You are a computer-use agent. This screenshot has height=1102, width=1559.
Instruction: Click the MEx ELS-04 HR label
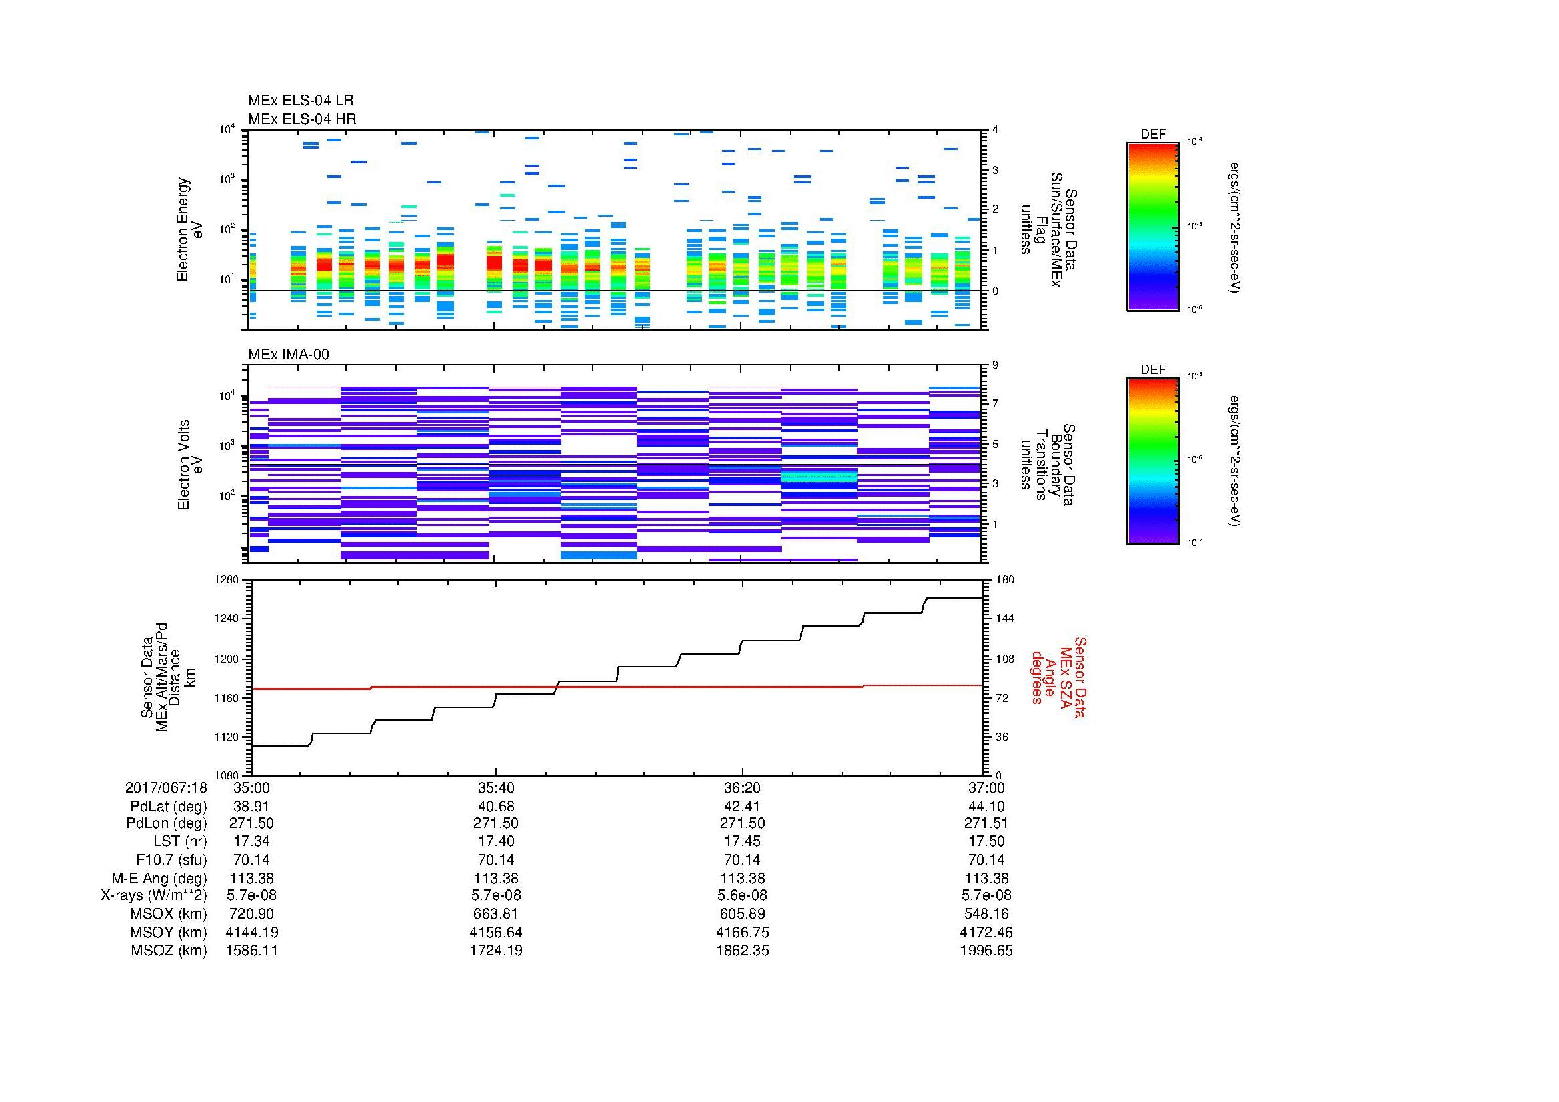point(302,119)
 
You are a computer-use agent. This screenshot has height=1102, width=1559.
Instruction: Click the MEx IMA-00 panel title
point(289,355)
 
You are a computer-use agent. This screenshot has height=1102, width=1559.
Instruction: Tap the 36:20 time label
point(742,787)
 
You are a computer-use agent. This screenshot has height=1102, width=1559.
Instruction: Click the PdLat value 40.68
point(496,806)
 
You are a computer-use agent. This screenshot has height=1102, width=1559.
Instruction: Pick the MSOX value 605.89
point(742,914)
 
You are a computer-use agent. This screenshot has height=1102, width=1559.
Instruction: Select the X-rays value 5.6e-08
point(742,895)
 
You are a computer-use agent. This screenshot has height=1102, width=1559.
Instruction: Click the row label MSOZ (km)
point(169,951)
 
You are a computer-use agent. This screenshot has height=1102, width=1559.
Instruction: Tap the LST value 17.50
point(986,841)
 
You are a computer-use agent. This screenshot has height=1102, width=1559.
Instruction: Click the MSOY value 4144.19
point(251,932)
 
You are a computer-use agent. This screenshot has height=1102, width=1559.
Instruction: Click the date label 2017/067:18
point(166,787)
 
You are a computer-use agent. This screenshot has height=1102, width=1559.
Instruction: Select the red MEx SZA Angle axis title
point(1058,677)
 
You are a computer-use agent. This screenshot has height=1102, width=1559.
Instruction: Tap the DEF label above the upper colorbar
point(1153,135)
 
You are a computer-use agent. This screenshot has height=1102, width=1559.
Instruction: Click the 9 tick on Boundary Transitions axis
point(995,365)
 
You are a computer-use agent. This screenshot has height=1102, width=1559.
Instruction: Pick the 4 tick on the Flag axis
point(995,130)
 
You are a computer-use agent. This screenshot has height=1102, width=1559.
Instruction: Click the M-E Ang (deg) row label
point(159,878)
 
